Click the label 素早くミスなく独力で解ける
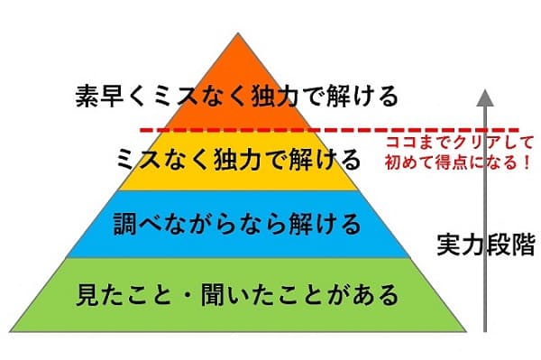click(238, 96)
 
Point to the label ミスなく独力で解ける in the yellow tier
click(238, 160)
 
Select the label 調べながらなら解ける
click(238, 222)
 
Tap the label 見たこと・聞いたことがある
click(238, 293)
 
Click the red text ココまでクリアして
click(459, 143)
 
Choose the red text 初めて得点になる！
click(458, 165)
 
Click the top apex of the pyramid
click(238, 34)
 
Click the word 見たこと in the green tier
click(118, 293)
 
